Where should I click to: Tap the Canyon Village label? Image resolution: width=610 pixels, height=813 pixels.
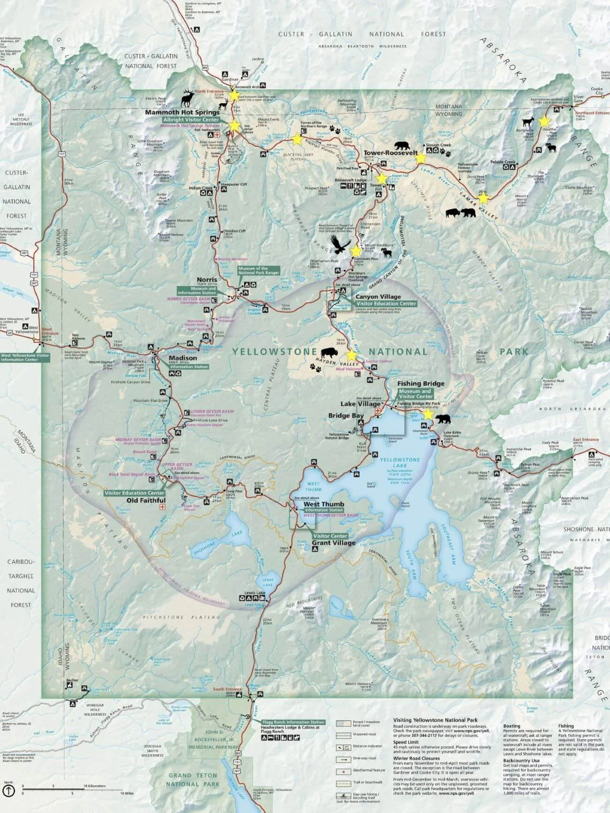(378, 296)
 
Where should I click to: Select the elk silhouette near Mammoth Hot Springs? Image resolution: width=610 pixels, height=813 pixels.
(188, 98)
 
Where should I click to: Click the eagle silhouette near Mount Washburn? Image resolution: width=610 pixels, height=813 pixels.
(340, 244)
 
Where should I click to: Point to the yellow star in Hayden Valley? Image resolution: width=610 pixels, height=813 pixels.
(351, 355)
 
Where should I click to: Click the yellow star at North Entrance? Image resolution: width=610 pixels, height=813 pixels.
(234, 96)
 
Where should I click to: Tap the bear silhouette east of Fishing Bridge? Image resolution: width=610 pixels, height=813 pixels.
(442, 419)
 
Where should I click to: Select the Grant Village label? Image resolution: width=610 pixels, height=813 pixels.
(334, 543)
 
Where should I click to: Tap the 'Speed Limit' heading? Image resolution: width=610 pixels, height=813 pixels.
(406, 743)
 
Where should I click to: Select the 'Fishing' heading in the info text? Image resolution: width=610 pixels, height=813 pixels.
(566, 726)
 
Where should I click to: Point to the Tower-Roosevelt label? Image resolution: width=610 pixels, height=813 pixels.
(390, 153)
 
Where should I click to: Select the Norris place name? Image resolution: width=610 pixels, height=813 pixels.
(206, 280)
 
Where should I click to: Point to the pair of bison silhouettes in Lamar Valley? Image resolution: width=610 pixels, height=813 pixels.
(460, 213)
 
